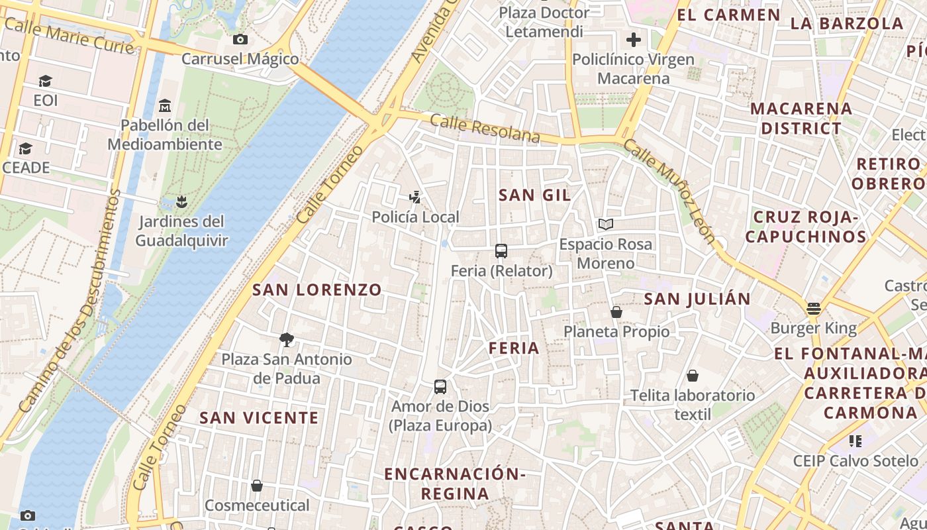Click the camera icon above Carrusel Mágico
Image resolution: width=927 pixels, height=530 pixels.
(x=240, y=40)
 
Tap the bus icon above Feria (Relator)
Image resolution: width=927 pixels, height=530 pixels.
(x=501, y=251)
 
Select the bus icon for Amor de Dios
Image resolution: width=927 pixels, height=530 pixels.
(x=440, y=387)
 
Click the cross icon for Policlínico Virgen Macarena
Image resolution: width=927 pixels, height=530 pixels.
(x=634, y=40)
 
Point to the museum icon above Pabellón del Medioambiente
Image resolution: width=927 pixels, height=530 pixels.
(x=165, y=106)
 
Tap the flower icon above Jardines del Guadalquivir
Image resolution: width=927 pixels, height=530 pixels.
(x=182, y=201)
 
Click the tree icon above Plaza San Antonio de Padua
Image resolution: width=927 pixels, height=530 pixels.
(x=287, y=340)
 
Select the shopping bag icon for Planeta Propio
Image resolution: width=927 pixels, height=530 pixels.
(x=616, y=312)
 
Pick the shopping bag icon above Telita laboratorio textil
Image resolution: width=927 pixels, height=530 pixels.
(x=693, y=376)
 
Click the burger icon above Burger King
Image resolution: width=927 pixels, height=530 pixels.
(x=814, y=309)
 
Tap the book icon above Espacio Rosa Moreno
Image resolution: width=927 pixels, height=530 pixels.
(x=606, y=225)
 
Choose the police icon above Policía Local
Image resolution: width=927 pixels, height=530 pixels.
(x=415, y=197)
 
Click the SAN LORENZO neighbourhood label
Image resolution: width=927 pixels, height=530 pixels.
(x=317, y=290)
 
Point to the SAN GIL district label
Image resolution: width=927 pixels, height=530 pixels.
(x=534, y=195)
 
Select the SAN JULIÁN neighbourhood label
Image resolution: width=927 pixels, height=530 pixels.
(x=697, y=299)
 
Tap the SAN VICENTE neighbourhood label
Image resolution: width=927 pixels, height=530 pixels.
(x=259, y=418)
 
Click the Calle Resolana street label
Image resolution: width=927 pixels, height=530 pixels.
(x=485, y=129)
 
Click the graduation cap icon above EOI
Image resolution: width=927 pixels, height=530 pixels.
(x=45, y=81)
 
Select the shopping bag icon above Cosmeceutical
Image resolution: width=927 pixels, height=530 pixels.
(x=257, y=486)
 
